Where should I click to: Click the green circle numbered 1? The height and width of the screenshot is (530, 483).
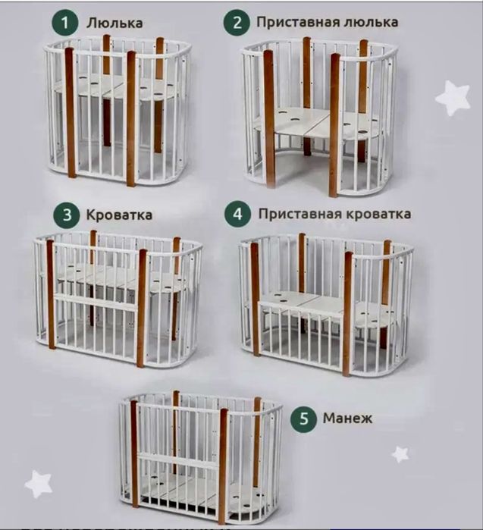(x=65, y=22)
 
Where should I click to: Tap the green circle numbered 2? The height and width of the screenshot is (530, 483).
(x=238, y=22)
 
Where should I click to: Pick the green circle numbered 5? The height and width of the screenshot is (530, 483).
(x=303, y=418)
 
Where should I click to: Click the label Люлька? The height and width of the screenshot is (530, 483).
(x=114, y=23)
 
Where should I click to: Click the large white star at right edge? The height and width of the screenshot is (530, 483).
(x=453, y=98)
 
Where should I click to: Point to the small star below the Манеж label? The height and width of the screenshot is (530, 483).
(x=400, y=453)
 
